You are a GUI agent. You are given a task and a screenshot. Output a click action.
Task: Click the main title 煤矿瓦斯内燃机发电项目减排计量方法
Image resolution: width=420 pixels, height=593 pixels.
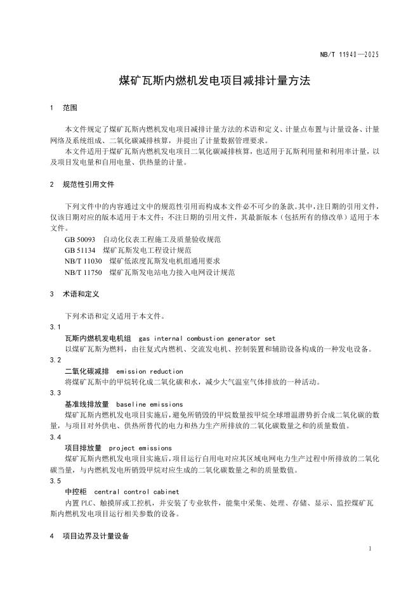tap(210, 81)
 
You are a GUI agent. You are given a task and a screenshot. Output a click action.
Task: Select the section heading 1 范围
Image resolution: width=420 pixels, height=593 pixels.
tap(63, 108)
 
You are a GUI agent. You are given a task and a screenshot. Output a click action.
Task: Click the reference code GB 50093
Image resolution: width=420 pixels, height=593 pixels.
tap(80, 239)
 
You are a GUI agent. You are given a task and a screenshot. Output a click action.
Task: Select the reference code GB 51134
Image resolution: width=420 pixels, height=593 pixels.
tap(80, 250)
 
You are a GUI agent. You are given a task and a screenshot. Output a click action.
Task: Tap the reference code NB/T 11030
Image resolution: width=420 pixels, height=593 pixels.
tap(83, 261)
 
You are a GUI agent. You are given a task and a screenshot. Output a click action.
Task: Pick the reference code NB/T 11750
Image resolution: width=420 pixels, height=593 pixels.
tap(83, 272)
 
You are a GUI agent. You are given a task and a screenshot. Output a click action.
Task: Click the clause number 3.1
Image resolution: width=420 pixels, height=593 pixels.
tap(55, 327)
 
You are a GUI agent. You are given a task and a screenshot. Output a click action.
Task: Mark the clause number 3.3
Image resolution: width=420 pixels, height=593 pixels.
tap(55, 393)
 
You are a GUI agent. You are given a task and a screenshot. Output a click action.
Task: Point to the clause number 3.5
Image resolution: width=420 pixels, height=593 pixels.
tap(55, 481)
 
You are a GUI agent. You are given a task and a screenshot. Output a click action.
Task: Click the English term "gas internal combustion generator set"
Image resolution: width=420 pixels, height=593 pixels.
tap(207, 338)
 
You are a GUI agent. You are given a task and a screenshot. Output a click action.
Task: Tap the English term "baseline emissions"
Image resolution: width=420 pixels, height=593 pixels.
tap(150, 404)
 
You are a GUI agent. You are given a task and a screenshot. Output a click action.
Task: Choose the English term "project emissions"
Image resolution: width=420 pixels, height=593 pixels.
tap(145, 448)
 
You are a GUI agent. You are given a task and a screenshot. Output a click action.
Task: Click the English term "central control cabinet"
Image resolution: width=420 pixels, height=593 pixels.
tap(136, 492)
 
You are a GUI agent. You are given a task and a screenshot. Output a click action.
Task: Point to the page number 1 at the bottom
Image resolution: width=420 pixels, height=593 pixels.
tap(370, 549)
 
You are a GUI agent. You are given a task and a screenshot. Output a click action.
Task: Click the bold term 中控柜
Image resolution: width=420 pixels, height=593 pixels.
tap(75, 492)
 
